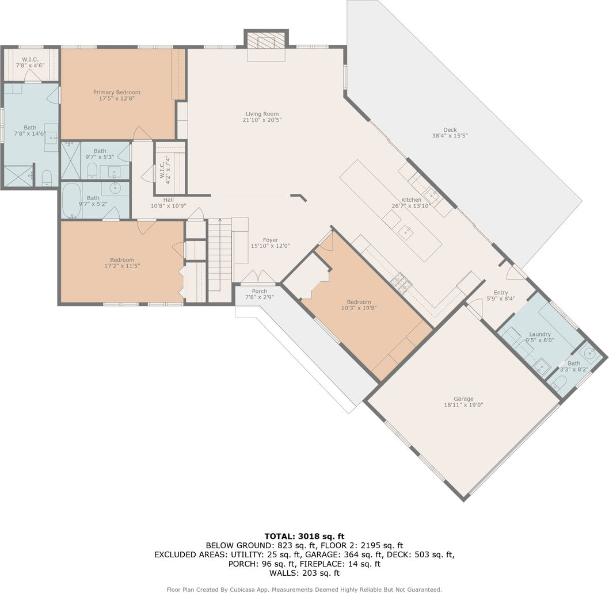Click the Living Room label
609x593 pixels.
pyautogui.click(x=262, y=114)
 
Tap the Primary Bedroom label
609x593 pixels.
pyautogui.click(x=116, y=93)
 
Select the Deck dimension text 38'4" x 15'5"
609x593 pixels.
pyautogui.click(x=450, y=136)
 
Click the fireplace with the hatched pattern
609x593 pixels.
pyautogui.click(x=266, y=40)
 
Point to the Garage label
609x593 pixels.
pyautogui.click(x=463, y=399)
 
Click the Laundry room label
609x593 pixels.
pyautogui.click(x=540, y=334)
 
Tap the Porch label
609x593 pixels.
pyautogui.click(x=260, y=291)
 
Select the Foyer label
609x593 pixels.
pyautogui.click(x=271, y=240)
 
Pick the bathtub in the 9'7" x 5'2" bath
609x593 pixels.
pyautogui.click(x=72, y=200)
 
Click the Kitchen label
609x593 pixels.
pyautogui.click(x=411, y=200)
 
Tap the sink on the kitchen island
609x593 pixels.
pyautogui.click(x=406, y=232)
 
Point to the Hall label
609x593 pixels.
pyautogui.click(x=168, y=200)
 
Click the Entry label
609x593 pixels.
pyautogui.click(x=501, y=293)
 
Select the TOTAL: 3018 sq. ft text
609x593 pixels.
pyautogui.click(x=304, y=536)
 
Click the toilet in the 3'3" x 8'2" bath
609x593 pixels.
pyautogui.click(x=559, y=383)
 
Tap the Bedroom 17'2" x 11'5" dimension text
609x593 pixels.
pyautogui.click(x=122, y=266)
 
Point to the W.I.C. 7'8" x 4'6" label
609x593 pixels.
pyautogui.click(x=31, y=63)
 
